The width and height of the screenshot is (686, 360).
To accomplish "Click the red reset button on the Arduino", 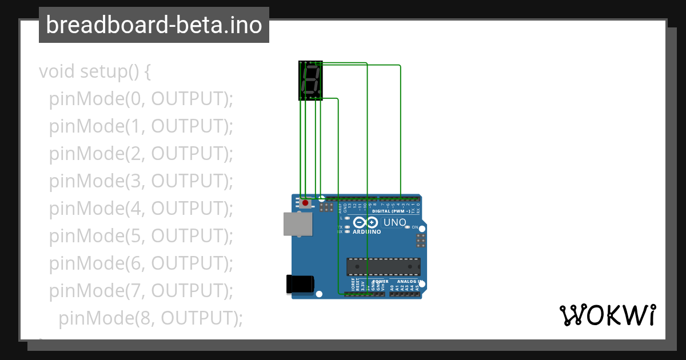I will click(x=305, y=203).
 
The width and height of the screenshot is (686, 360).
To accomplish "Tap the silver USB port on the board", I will click(x=298, y=224).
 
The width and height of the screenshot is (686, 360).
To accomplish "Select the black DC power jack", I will click(x=300, y=284).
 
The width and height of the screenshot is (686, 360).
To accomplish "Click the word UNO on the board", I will click(x=394, y=222).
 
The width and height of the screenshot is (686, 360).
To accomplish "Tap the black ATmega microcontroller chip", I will click(x=383, y=267).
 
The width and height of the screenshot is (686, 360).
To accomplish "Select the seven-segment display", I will click(x=310, y=81).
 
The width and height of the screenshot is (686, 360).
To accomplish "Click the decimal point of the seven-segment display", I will click(x=319, y=94).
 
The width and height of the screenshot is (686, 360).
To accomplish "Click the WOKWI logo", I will click(x=607, y=315).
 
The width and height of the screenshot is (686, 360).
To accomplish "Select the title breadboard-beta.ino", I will click(x=154, y=25).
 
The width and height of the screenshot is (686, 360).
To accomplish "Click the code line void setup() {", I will click(x=95, y=72).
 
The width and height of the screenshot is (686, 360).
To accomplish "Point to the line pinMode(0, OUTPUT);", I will click(x=141, y=99).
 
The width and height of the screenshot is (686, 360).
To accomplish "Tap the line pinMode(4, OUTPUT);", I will click(x=141, y=209).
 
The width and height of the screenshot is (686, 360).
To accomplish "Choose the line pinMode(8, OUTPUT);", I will click(x=150, y=318).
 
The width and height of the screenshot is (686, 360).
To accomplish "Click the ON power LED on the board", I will click(x=407, y=227).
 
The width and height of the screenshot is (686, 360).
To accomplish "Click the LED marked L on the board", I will click(x=347, y=218).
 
